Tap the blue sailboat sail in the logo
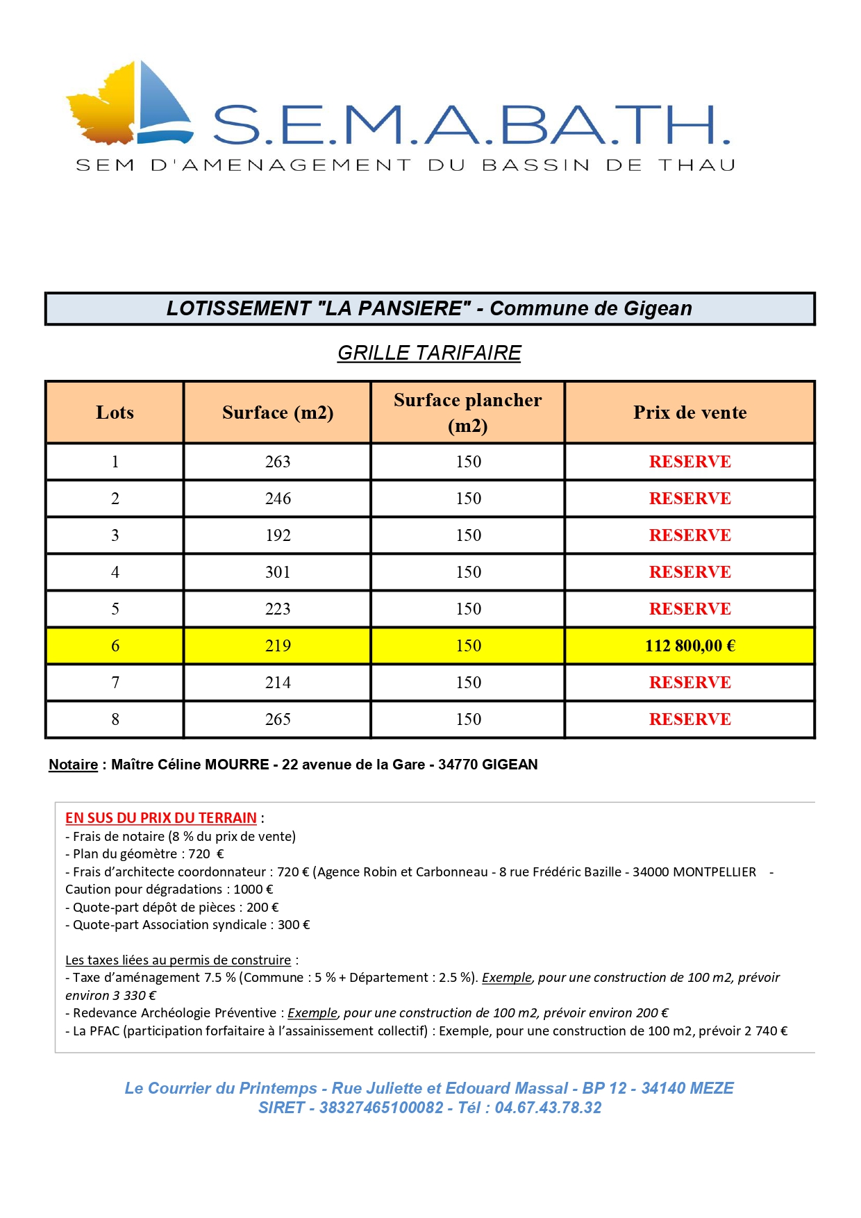pyautogui.click(x=163, y=101)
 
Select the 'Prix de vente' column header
pyautogui.click(x=689, y=412)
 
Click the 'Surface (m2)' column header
pyautogui.click(x=278, y=412)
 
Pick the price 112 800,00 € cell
pyautogui.click(x=689, y=646)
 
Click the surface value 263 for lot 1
pyautogui.click(x=278, y=462)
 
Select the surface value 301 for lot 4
pyautogui.click(x=278, y=572)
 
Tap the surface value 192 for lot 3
pyautogui.click(x=278, y=535)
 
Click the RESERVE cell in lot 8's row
pyautogui.click(x=689, y=719)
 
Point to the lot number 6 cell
pyautogui.click(x=115, y=646)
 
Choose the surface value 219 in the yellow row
pyautogui.click(x=278, y=646)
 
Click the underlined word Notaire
pyautogui.click(x=73, y=765)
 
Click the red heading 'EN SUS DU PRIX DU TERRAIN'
pyautogui.click(x=161, y=818)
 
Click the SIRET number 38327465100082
pyautogui.click(x=381, y=1108)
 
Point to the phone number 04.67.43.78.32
pyautogui.click(x=548, y=1108)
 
